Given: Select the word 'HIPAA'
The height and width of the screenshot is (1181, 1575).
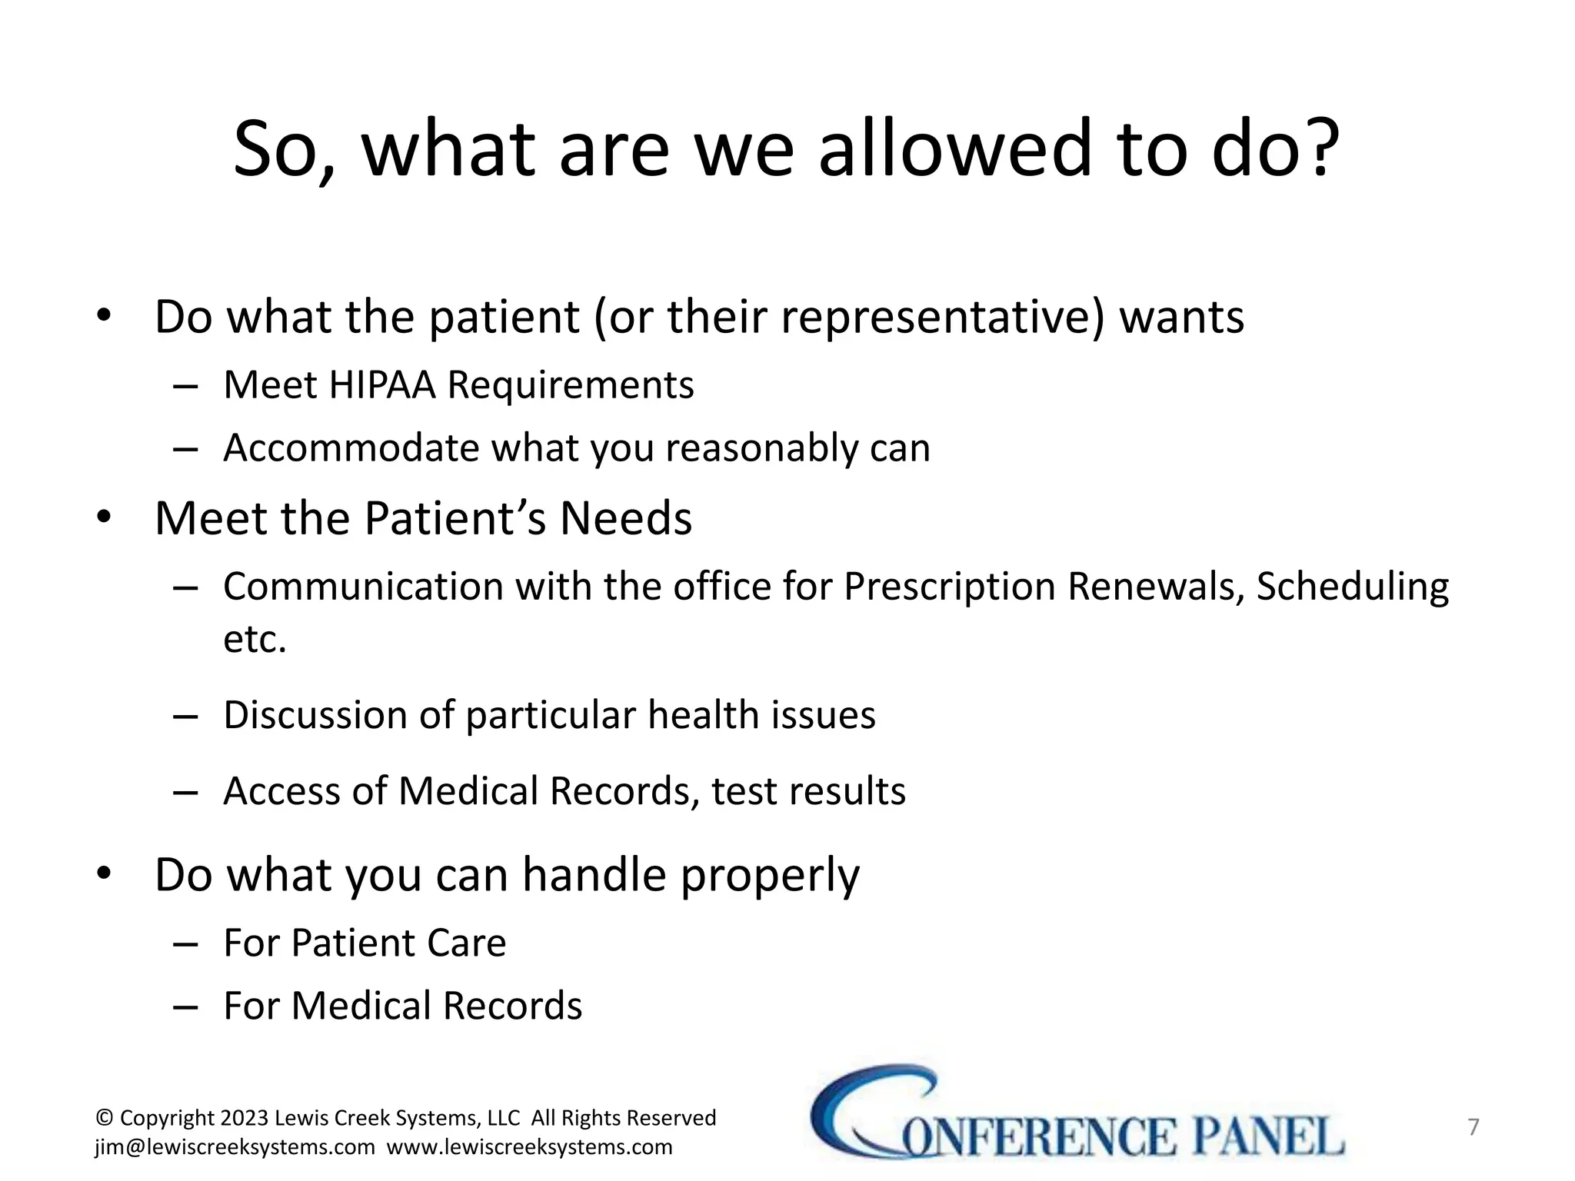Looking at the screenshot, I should tap(381, 384).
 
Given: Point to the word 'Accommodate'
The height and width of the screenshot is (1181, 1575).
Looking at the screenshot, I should tap(351, 447).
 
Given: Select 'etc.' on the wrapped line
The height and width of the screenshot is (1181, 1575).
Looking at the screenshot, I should tap(255, 639).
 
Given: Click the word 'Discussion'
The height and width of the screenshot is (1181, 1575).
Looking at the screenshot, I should tap(315, 715).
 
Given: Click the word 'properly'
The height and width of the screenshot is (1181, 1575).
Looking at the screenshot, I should tap(770, 877).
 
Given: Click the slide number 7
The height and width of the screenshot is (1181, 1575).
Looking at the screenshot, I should tap(1473, 1127).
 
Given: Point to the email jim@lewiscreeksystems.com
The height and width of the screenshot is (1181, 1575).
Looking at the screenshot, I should tap(235, 1147).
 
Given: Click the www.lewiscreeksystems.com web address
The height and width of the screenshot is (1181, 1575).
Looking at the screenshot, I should tap(529, 1147).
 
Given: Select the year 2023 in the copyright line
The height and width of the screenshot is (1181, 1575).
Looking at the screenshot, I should tap(244, 1118).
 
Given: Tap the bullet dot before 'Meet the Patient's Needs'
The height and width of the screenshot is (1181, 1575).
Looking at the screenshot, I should tap(104, 517).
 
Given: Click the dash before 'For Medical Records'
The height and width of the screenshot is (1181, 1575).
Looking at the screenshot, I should tap(185, 1006).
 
